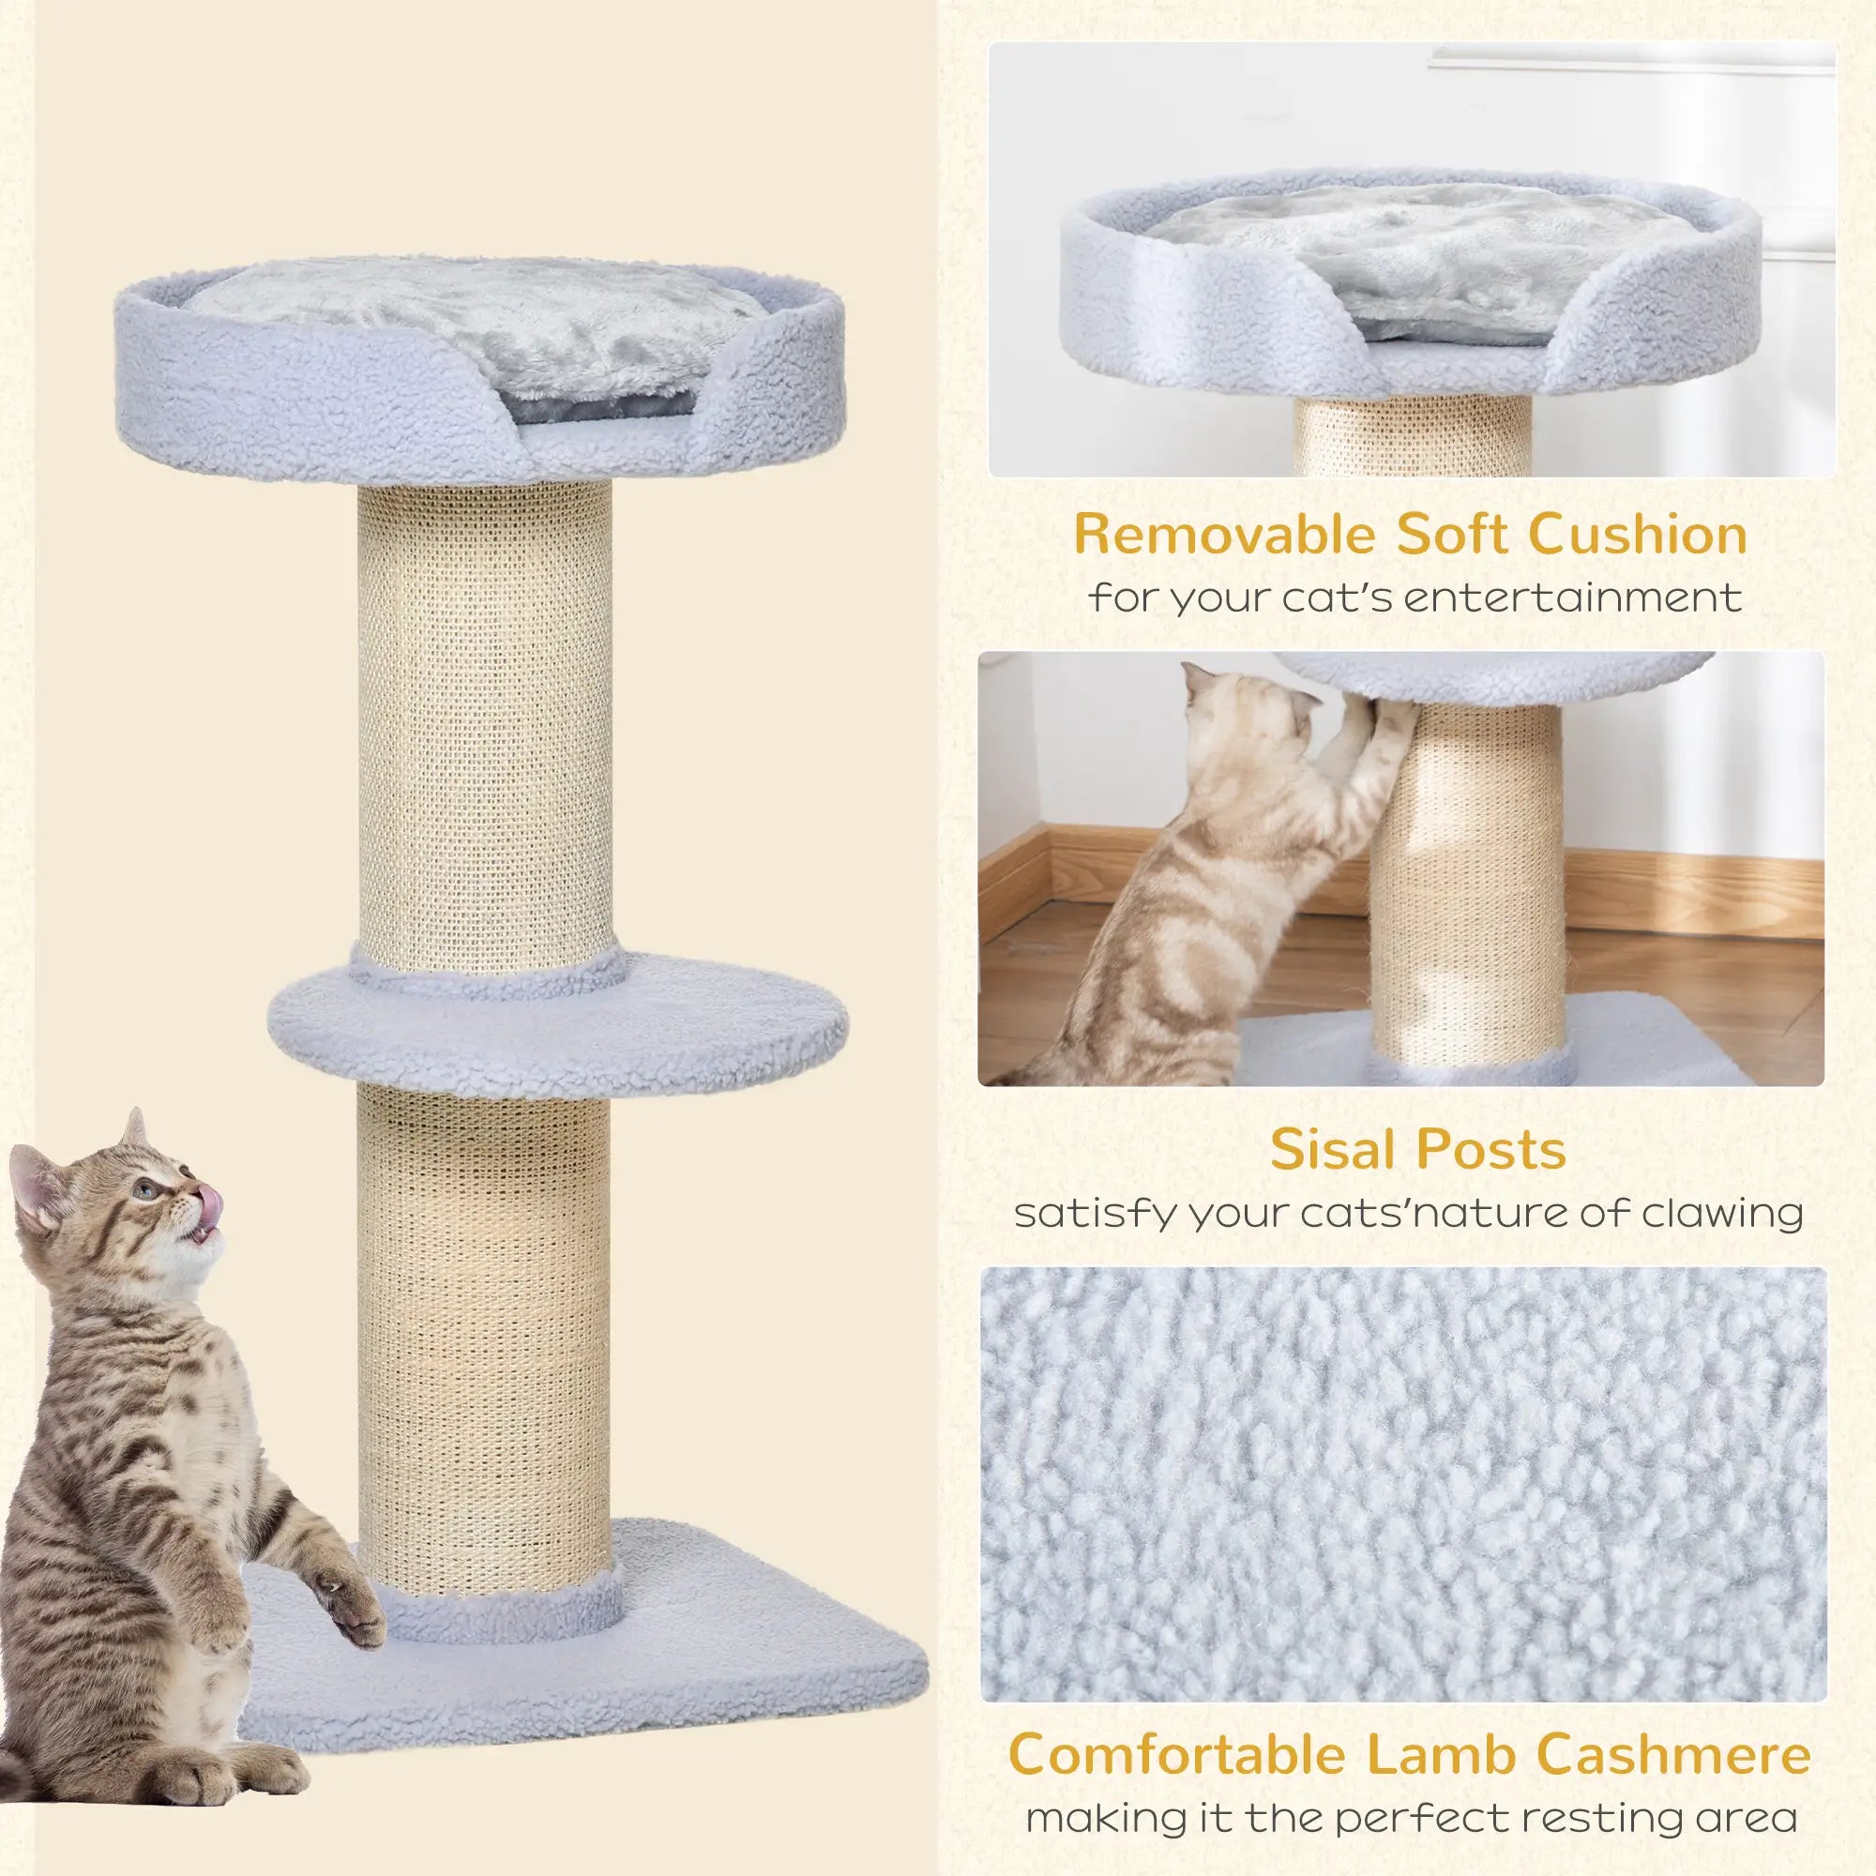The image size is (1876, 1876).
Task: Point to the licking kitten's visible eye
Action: click(145, 1188)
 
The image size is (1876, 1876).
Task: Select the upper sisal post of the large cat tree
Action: click(486, 719)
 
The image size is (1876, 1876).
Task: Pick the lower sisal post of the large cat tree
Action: click(486, 1340)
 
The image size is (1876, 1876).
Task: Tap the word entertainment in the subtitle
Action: click(1573, 598)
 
